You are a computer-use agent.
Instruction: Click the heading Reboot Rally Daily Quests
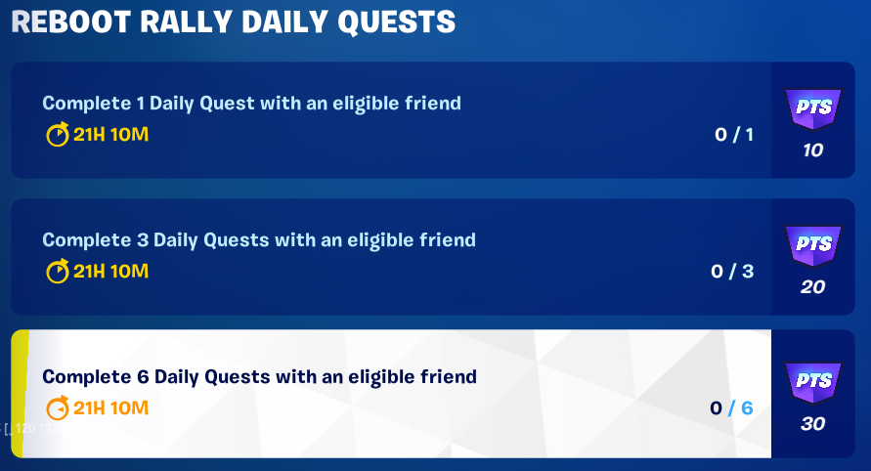click(234, 21)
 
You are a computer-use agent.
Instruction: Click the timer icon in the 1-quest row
click(58, 135)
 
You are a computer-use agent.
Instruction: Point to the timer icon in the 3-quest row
click(58, 272)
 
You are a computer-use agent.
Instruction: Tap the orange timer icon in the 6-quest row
click(58, 408)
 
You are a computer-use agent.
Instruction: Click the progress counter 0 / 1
click(733, 135)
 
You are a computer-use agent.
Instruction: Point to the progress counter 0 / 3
click(732, 272)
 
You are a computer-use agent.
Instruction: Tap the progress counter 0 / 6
click(732, 408)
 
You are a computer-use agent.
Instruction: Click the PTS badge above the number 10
click(812, 108)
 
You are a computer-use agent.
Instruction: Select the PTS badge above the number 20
click(812, 245)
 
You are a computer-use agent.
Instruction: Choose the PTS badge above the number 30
click(812, 382)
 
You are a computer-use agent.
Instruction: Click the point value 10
click(812, 150)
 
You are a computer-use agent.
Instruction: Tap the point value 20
click(812, 287)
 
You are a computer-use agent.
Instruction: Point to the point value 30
click(812, 424)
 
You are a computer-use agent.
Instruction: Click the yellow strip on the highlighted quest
click(19, 393)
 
